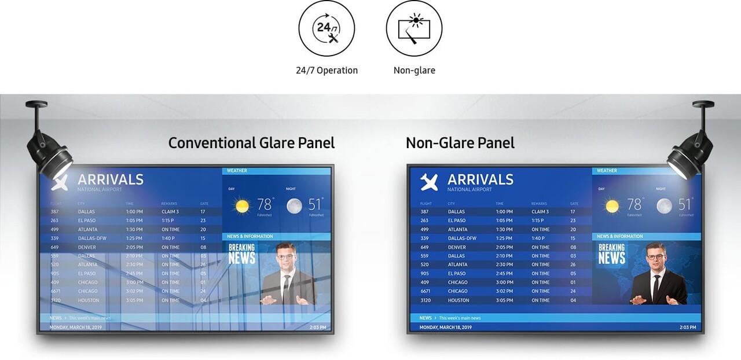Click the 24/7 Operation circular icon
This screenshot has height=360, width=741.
(327, 28)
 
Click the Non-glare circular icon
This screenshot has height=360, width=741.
(414, 28)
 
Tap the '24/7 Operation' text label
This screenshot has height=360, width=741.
(327, 71)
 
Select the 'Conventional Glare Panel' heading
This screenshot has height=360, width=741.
(251, 142)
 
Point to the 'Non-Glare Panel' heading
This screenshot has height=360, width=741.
(460, 142)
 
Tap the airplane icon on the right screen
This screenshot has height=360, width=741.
(429, 182)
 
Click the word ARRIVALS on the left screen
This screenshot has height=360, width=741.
(111, 179)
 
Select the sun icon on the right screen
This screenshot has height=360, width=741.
(612, 205)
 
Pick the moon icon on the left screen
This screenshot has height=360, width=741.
(294, 205)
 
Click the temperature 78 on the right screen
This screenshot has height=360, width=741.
(634, 204)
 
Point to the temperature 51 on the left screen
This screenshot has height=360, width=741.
(314, 204)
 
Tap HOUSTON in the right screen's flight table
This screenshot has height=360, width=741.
(458, 300)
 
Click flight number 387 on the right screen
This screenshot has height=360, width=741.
(424, 212)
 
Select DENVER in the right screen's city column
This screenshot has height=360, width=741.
(457, 247)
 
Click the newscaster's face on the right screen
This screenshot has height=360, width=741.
(655, 255)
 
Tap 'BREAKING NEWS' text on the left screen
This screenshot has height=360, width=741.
(241, 254)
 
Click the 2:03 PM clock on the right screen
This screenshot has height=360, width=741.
(688, 328)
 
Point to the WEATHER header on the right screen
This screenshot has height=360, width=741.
(607, 171)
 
